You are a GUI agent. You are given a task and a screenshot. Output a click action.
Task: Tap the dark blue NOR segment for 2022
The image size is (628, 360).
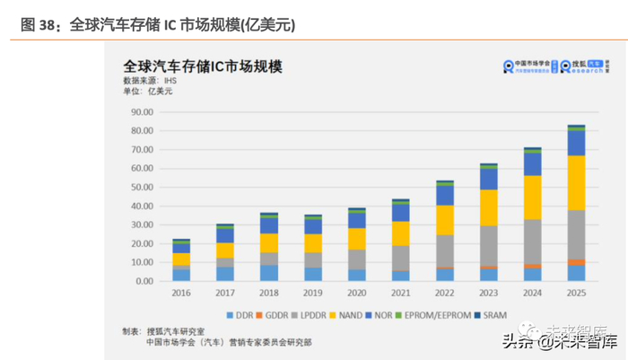coord(445,195)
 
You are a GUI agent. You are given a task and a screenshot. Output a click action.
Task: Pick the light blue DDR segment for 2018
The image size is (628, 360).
coord(268,272)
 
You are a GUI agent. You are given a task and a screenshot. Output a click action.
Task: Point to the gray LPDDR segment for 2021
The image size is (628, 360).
coord(401,258)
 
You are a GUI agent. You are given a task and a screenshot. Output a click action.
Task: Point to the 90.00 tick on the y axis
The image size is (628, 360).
coord(141,112)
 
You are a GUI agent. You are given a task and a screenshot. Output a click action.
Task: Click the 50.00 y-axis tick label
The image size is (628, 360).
coord(141,187)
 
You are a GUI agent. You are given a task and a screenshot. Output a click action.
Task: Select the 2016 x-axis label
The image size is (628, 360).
coord(180,293)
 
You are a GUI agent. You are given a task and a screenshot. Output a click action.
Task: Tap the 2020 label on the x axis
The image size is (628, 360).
coord(356,293)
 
